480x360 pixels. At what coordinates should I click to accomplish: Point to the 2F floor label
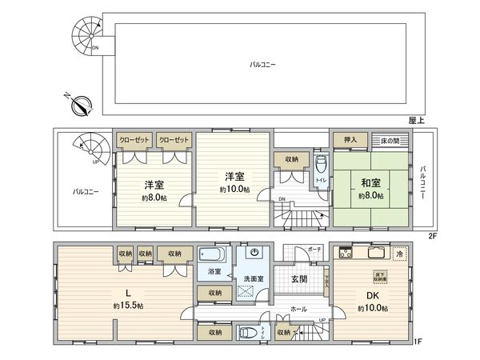click(x=432, y=237)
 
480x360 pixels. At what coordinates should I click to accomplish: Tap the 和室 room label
click(x=370, y=182)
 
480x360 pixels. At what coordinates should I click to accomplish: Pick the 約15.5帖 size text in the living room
click(x=127, y=306)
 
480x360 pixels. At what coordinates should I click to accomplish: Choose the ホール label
click(x=298, y=308)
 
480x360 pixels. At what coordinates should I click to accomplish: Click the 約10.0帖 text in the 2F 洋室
click(x=234, y=190)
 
